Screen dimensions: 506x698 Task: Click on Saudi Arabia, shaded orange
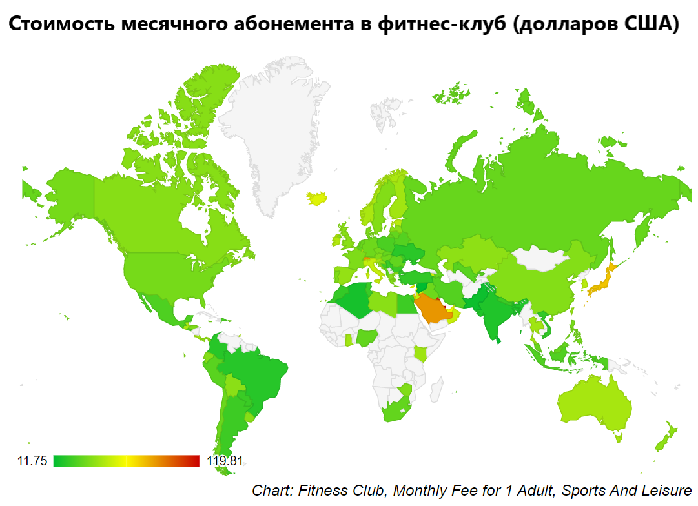[431, 310]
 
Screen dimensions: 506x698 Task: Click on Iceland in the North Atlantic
[318, 197]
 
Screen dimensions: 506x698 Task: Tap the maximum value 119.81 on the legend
[225, 461]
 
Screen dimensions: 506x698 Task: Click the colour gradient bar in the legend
[127, 461]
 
